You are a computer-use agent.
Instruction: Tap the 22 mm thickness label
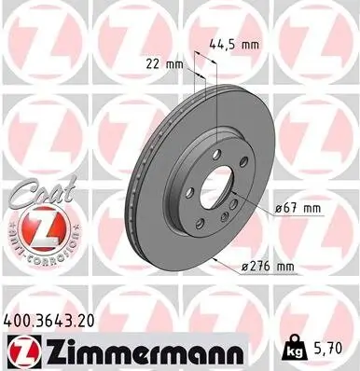[164, 63]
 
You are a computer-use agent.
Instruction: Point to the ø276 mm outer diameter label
[268, 267]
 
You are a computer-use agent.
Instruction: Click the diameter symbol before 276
[244, 268]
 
